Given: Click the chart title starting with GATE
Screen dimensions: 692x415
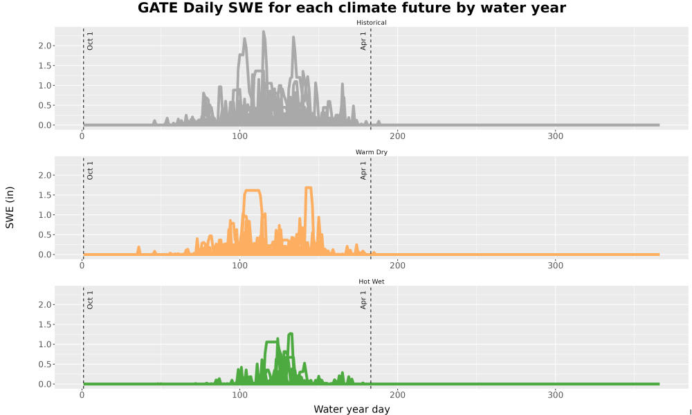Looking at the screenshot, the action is click(352, 8).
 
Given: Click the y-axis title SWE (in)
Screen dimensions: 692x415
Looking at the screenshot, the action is click(10, 207).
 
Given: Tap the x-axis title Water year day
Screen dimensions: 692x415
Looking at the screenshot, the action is click(352, 409).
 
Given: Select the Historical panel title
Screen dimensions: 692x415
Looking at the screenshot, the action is click(371, 23).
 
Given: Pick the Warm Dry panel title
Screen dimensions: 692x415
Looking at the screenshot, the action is click(371, 152).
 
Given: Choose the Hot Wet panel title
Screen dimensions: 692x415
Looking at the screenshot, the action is click(371, 282).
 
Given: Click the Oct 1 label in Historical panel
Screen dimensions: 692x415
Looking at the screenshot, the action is click(90, 41).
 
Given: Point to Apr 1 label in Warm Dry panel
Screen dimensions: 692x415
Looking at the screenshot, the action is click(363, 171).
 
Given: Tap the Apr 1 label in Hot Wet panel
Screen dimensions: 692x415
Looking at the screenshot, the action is click(363, 300).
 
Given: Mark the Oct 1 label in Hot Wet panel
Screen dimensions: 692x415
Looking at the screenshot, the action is click(90, 300).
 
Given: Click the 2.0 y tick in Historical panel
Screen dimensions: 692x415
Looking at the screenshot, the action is click(46, 46).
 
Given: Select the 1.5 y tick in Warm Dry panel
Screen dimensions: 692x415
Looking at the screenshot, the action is click(46, 195).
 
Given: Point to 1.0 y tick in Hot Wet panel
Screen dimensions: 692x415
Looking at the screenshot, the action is click(46, 344).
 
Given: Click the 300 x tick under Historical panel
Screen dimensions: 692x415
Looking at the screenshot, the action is click(555, 136).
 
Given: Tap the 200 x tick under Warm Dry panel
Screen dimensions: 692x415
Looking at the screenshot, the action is click(398, 266).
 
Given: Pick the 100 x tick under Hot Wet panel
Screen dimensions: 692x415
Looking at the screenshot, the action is click(239, 395).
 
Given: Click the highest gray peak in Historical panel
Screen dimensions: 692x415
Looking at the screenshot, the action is click(264, 32).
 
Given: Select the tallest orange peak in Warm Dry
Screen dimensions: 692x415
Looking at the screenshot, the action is click(309, 188).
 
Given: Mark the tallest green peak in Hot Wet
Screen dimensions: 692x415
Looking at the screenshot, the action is click(291, 334).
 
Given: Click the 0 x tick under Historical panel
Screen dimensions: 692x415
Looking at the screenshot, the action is click(82, 136).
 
